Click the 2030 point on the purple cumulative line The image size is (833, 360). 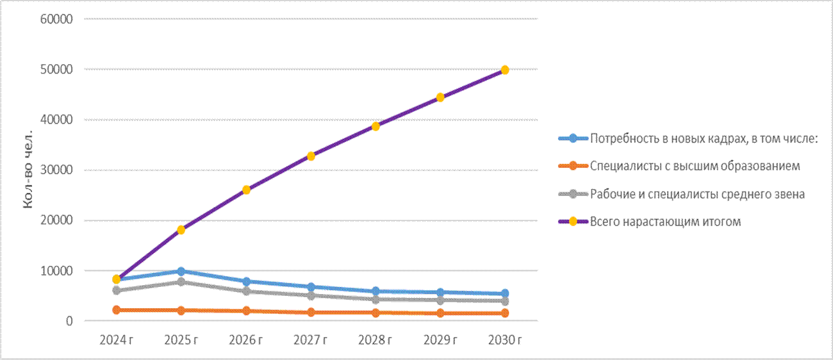click(505, 70)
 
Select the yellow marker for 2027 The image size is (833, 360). click(311, 156)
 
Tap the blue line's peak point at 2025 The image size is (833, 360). click(181, 271)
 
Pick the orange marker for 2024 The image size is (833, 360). click(117, 309)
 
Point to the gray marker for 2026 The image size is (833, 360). click(246, 291)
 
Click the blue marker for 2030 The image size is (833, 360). click(505, 293)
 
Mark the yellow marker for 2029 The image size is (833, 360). click(440, 97)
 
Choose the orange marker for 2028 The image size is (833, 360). click(375, 313)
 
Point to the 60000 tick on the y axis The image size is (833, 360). click(56, 19)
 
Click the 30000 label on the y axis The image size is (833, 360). click(56, 170)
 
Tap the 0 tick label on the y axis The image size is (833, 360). click(70, 321)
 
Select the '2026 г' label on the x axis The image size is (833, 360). click(246, 340)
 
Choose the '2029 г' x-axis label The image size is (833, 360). click(440, 340)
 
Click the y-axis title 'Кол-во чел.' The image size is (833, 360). click(28, 170)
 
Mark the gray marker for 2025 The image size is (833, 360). click(181, 282)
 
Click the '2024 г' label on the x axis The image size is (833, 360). click(117, 340)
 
